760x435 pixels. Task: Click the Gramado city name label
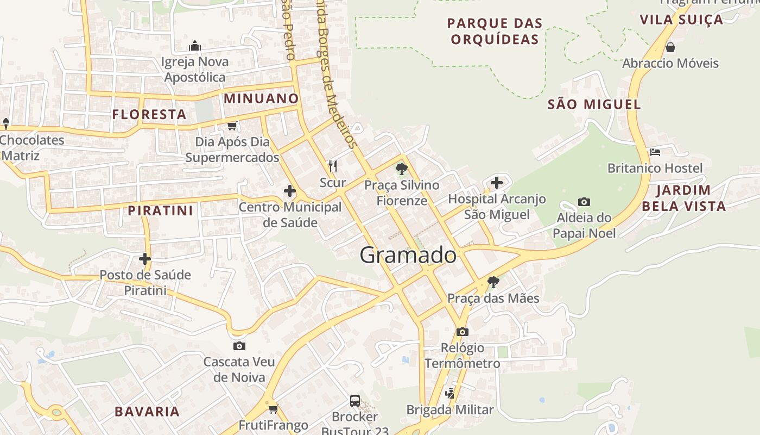(408, 255)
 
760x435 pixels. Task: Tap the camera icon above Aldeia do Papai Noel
(584, 202)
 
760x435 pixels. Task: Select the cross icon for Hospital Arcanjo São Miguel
(496, 183)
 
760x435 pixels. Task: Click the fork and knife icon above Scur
(333, 166)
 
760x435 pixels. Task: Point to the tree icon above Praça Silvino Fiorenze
(402, 169)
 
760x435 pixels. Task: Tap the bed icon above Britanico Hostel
(655, 152)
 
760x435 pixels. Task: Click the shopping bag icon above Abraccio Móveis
(670, 47)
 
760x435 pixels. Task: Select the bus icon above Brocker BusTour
(355, 401)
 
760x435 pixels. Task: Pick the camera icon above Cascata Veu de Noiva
(239, 346)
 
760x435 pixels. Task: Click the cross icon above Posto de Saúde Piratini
(145, 258)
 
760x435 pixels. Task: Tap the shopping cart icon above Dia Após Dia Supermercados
(232, 126)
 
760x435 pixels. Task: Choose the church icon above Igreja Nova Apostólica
(194, 46)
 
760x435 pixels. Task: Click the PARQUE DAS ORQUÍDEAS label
(495, 31)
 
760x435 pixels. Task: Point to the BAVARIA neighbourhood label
(147, 411)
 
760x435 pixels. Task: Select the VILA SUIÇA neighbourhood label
(681, 20)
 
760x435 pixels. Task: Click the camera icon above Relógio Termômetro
(462, 332)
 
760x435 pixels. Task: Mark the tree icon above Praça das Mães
(493, 282)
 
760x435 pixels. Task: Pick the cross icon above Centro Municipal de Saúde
(290, 191)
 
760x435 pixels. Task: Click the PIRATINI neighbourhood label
(160, 210)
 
